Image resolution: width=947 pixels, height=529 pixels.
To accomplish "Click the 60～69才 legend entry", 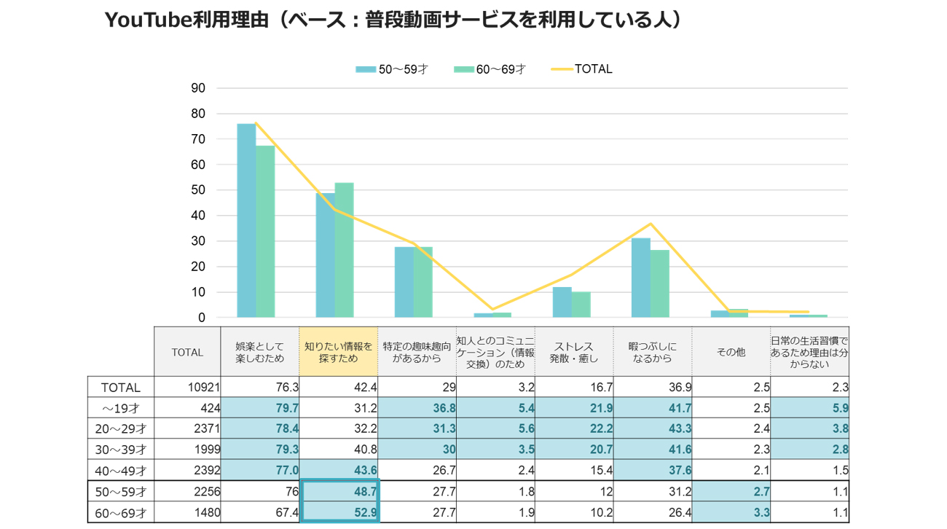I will pos(489,69).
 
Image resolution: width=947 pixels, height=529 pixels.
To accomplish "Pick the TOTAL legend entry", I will pos(582,69).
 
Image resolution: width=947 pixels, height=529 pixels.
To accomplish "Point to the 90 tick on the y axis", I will pos(198,88).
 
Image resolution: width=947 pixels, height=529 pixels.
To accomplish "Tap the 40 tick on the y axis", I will pos(198,216).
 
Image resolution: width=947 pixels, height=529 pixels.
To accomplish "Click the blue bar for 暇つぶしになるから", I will pos(640,278).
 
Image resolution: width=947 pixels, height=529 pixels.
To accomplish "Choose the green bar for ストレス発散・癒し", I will pos(581,305).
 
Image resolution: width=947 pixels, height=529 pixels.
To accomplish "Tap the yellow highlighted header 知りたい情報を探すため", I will pos(339,352).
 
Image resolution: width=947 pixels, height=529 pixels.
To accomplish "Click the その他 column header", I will pos(731,352).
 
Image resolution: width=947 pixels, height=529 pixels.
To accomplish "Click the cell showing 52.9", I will pos(339,513).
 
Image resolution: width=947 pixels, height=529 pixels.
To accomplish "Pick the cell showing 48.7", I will pos(339,492).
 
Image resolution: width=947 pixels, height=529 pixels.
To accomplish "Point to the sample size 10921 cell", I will pos(187,388).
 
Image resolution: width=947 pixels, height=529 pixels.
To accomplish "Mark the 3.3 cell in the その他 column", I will pos(731,513).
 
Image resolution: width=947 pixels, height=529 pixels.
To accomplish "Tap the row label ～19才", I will pos(120,408).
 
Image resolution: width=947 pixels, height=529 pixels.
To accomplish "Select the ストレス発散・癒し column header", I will pos(573,352).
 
